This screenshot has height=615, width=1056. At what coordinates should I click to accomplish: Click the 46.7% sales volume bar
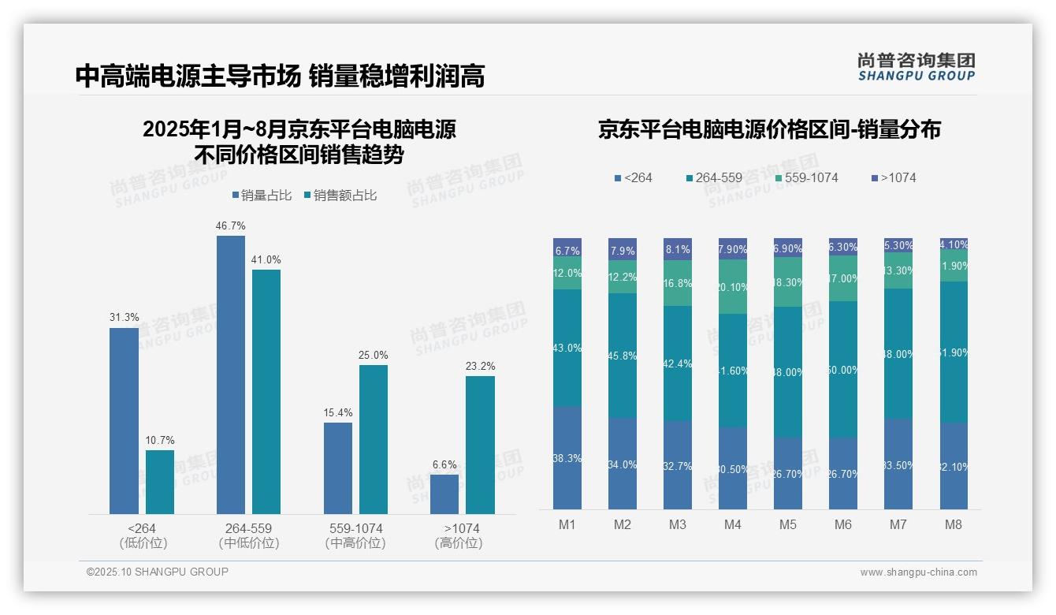coord(230,375)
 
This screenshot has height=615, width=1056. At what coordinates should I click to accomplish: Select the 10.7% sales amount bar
coord(159,482)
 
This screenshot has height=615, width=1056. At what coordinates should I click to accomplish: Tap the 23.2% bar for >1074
coord(480,445)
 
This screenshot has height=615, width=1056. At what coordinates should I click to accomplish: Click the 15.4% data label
coord(338,412)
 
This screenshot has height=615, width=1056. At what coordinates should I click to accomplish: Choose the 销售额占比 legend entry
coord(340,196)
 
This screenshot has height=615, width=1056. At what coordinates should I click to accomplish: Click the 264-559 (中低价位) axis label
coord(248,535)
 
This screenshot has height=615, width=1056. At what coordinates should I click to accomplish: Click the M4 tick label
coord(732,524)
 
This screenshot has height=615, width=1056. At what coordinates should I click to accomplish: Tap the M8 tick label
coord(953,524)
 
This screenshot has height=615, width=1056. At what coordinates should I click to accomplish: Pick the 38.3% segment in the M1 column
coord(567,458)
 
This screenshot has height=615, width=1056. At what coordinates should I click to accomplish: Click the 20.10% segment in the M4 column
coord(732,287)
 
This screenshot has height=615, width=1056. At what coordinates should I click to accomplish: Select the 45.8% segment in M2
coord(623,356)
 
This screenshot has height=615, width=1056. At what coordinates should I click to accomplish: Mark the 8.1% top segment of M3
coord(678,249)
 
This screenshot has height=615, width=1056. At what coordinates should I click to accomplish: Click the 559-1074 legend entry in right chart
coord(805,178)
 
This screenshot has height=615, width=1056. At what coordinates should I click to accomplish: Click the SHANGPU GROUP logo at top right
coord(916,67)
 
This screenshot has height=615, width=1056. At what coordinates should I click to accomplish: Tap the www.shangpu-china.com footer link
coord(918,572)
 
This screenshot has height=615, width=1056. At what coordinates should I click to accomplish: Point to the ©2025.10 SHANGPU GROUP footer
coord(158,572)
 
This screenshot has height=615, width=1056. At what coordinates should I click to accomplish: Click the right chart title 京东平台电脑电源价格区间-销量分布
coord(768,130)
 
